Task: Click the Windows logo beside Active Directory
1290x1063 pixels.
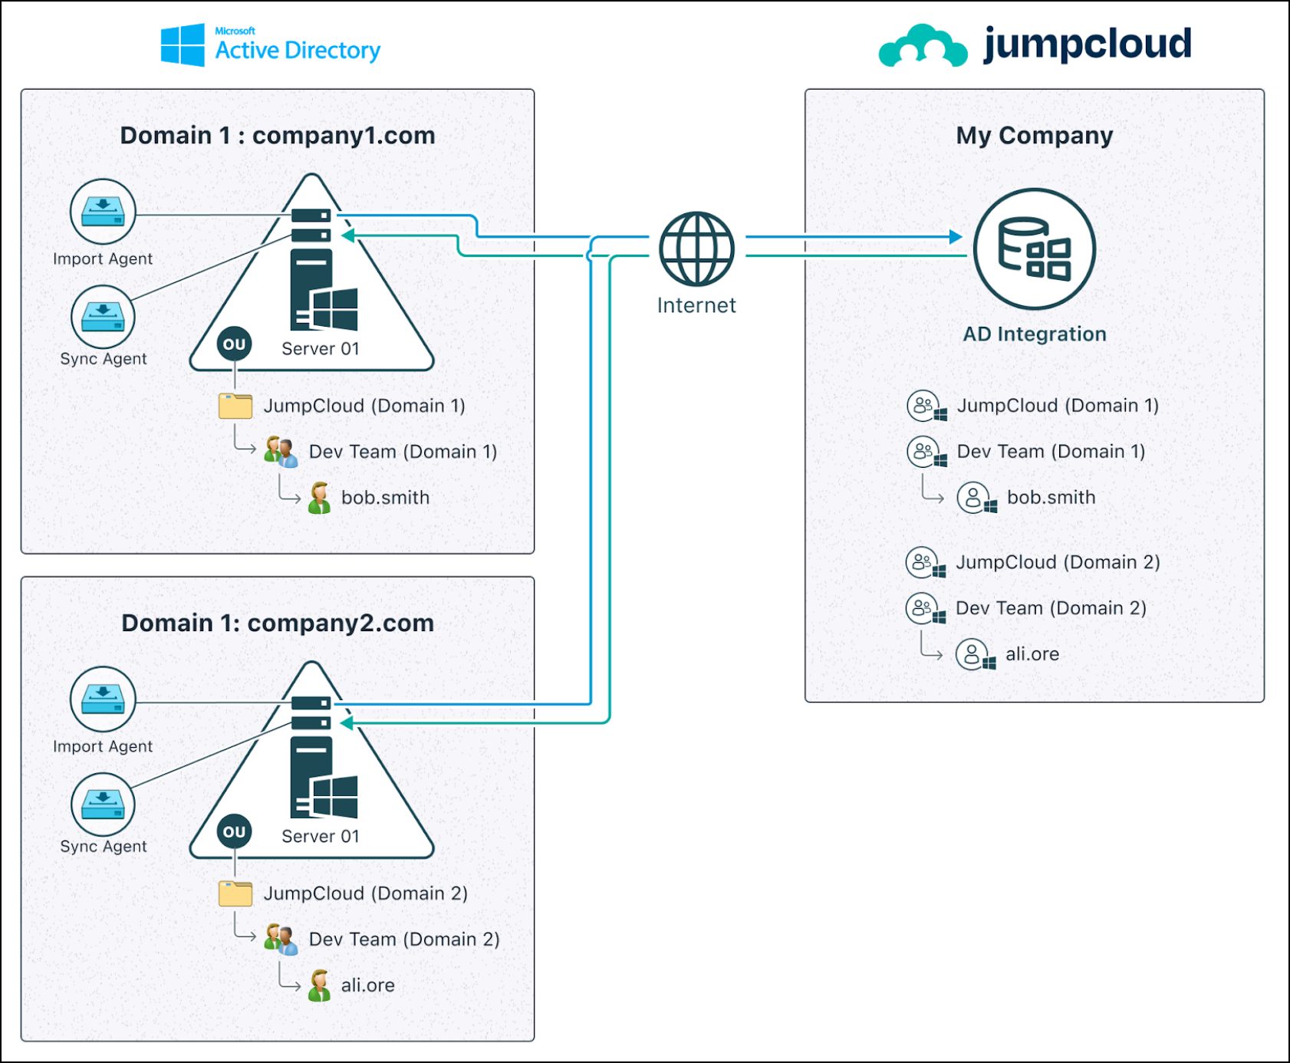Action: coord(183,44)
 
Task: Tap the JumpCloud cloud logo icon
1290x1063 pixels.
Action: coord(923,46)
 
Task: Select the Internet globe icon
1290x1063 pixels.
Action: coord(696,249)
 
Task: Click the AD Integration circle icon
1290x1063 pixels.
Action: coord(1035,249)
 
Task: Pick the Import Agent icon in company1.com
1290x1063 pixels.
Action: coord(103,212)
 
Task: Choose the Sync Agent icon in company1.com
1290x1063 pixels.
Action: coord(103,317)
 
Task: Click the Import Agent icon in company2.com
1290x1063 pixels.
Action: coord(103,699)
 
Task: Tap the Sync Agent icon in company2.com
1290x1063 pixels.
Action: coord(103,805)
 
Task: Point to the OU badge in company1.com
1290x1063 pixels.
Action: coord(234,344)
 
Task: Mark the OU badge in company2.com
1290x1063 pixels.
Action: coord(234,832)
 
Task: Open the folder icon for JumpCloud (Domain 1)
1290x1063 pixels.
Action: coord(235,406)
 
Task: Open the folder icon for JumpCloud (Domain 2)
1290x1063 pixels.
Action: coord(235,894)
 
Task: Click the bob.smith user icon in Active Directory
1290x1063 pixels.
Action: coord(319,498)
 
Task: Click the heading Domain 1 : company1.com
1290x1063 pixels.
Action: coord(278,136)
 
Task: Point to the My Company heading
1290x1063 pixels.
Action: coord(1034,136)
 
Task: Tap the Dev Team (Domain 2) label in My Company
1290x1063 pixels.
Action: coord(1051,608)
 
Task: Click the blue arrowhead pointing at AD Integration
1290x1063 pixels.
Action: coord(956,237)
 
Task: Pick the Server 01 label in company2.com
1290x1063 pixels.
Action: coord(321,837)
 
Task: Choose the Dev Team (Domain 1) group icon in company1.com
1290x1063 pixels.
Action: coord(280,452)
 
